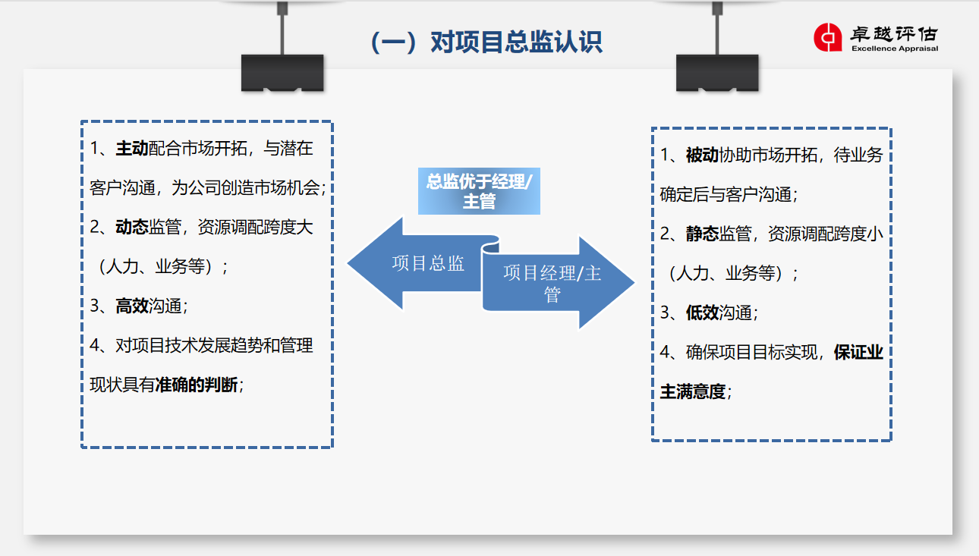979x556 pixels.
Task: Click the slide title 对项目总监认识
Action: [x=486, y=42]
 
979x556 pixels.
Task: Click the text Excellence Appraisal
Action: [x=894, y=49]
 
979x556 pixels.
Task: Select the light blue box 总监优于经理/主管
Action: [x=479, y=191]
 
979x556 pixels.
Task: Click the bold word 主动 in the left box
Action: [x=131, y=149]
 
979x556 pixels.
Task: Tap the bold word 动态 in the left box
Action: [x=131, y=228]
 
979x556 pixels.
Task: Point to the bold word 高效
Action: [x=131, y=306]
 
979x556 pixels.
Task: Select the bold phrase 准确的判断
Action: [x=196, y=385]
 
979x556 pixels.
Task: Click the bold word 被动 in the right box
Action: [x=702, y=155]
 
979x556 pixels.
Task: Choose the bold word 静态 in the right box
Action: [x=702, y=234]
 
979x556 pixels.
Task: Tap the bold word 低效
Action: [x=702, y=313]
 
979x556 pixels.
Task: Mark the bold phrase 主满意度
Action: [x=693, y=392]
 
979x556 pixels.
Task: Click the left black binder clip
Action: [x=282, y=73]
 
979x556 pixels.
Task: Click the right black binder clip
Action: [x=716, y=73]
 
